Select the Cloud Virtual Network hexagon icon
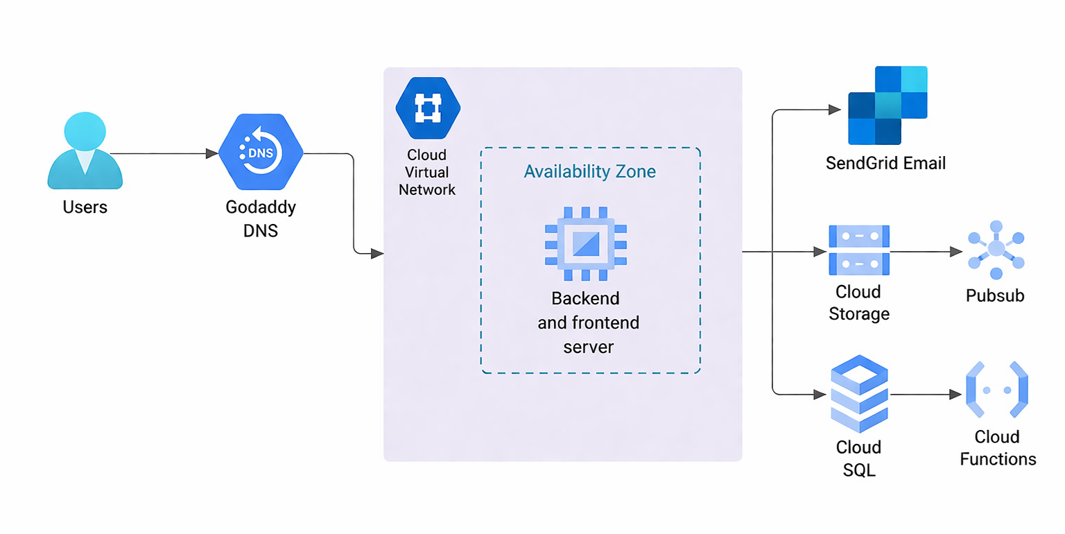428,109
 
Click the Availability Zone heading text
589,171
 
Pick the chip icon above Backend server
586,243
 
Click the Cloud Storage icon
858,250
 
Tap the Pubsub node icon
996,249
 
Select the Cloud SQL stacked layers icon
859,393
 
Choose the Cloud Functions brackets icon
996,390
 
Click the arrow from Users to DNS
163,153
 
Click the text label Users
85,207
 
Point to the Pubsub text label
995,296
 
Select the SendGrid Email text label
885,164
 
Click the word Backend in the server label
585,298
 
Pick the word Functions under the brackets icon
998,459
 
